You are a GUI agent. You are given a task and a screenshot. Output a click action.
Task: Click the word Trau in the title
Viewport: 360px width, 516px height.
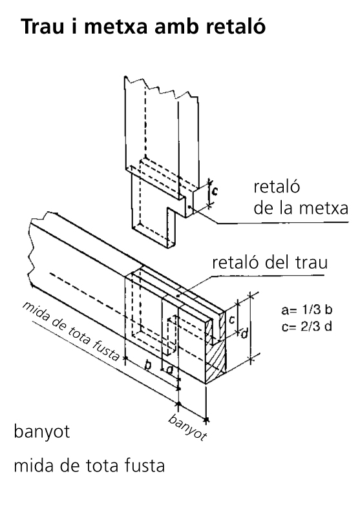point(43,26)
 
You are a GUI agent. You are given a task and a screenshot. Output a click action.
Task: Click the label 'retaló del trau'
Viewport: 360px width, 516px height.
point(270,263)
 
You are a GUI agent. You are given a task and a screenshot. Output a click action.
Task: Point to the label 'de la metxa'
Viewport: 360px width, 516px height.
point(301,208)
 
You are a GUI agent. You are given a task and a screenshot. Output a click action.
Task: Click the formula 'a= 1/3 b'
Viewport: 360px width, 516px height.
point(306,310)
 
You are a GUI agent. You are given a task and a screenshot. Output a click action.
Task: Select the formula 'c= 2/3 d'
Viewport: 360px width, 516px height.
point(306,326)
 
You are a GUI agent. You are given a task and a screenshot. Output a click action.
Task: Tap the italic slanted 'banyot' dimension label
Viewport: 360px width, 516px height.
point(187,427)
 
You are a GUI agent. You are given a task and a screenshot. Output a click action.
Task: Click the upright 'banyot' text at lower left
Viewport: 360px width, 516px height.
point(42,432)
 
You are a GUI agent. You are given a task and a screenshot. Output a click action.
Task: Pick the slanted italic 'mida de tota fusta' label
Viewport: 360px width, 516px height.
point(71,331)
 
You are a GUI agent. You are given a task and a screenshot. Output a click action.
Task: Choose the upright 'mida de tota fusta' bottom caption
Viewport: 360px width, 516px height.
point(89,466)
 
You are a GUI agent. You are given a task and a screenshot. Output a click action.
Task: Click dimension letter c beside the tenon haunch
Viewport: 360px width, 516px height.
point(215,191)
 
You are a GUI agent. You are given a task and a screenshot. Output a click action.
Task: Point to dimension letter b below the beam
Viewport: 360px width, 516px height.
point(148,365)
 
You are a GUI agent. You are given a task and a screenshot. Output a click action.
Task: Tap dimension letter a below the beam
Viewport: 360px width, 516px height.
point(169,370)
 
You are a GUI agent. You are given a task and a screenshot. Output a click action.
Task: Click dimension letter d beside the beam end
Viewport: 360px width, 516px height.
point(244,334)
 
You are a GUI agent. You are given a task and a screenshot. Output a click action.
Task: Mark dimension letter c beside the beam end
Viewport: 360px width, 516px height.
point(232,319)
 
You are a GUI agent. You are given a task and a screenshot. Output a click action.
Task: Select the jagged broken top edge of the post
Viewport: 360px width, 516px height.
point(162,87)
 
